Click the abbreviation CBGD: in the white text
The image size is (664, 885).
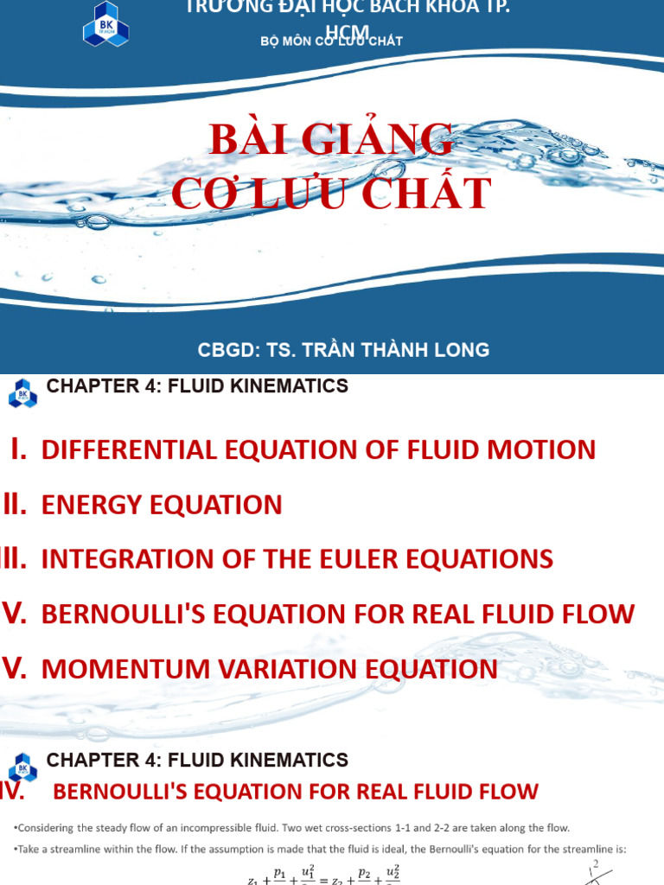coord(227,350)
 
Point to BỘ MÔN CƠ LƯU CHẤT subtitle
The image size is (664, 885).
coord(331,41)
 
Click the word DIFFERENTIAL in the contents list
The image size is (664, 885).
coord(143,449)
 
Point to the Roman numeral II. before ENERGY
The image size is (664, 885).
coord(16,504)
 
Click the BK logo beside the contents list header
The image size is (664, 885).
coord(22,393)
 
